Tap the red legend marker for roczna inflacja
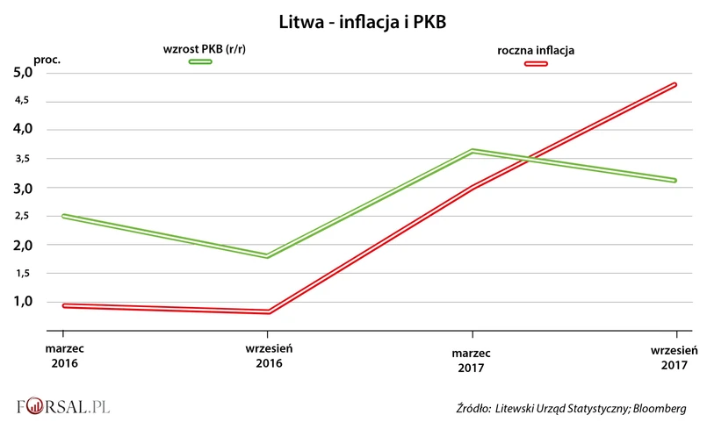(x=536, y=63)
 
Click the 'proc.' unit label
(x=47, y=59)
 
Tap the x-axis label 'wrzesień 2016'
(x=268, y=355)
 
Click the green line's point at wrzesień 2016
(x=267, y=256)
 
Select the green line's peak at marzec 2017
(x=473, y=151)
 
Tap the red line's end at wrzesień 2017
(x=675, y=84)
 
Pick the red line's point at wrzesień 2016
(x=267, y=311)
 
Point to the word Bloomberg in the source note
(x=658, y=408)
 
